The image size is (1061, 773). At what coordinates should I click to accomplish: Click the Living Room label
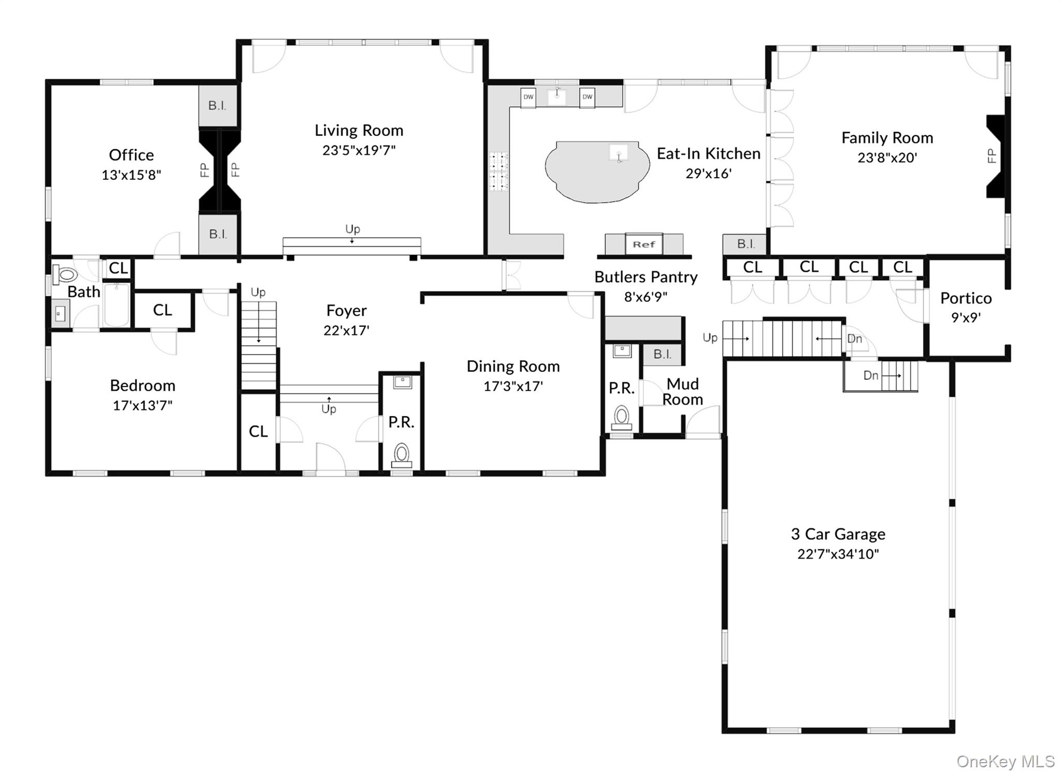[x=359, y=130]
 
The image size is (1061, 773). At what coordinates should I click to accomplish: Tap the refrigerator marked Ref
[x=643, y=244]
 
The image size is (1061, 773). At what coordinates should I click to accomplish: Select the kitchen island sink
[x=619, y=154]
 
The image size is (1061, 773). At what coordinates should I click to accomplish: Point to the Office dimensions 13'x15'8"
[x=131, y=175]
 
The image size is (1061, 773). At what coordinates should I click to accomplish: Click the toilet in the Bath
[x=65, y=274]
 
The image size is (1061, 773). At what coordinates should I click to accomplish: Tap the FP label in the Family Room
[x=992, y=155]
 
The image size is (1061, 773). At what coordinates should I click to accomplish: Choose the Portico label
[x=966, y=298]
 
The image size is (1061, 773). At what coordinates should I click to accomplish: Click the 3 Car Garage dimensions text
[x=838, y=554]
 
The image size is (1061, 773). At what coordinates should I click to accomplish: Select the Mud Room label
[x=682, y=392]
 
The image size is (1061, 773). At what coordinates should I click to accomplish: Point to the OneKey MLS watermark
[x=1005, y=761]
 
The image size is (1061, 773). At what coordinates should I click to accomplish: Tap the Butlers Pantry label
[x=646, y=277]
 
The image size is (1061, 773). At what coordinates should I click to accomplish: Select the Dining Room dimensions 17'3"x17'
[x=513, y=386]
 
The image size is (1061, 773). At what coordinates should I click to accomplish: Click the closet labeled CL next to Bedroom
[x=162, y=310]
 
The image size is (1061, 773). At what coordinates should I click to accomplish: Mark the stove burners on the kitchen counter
[x=499, y=171]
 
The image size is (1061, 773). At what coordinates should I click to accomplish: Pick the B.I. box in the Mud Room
[x=662, y=354]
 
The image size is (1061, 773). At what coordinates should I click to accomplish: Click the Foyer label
[x=346, y=310]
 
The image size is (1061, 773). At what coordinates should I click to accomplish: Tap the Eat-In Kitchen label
[x=708, y=153]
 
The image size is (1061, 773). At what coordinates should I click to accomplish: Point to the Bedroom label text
[x=142, y=385]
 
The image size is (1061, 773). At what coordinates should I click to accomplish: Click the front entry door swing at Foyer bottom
[x=331, y=459]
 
